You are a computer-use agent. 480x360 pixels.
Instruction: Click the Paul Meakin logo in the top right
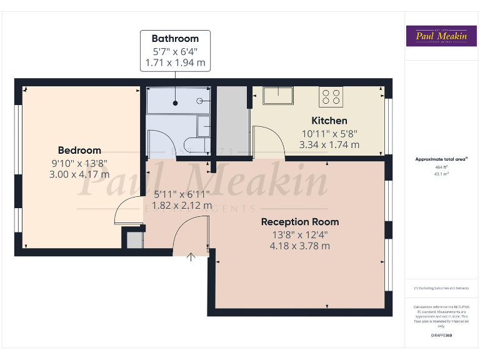tap(442, 36)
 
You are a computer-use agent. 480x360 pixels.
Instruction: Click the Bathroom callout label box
tap(175, 51)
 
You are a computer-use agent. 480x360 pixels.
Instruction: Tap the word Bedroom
tap(79, 150)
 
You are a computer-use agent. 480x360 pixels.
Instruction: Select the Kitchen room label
tap(329, 121)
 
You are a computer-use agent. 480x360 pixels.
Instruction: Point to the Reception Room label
tap(300, 222)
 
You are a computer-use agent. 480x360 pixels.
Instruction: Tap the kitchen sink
tap(277, 96)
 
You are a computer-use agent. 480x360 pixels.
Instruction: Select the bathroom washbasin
tap(203, 127)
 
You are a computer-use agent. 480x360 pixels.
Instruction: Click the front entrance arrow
tap(191, 256)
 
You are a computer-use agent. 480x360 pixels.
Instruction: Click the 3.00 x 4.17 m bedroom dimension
tap(79, 174)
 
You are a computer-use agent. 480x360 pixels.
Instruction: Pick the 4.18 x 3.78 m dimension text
tap(300, 246)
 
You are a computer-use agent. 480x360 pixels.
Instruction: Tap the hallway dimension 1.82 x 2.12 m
tap(179, 205)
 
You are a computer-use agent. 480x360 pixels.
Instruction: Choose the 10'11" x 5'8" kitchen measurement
tap(329, 133)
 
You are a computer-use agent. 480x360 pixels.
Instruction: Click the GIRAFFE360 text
tap(442, 336)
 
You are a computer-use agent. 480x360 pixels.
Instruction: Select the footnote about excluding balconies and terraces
tap(441, 288)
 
